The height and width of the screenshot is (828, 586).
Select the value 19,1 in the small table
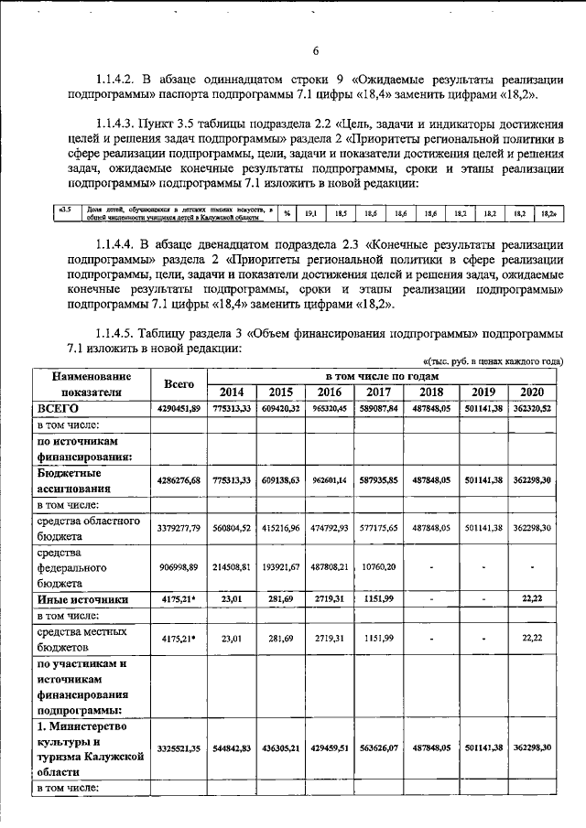coord(310,212)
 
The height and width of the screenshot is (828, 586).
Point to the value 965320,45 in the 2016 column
coord(333,409)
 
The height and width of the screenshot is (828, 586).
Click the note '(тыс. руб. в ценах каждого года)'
coord(483,360)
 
